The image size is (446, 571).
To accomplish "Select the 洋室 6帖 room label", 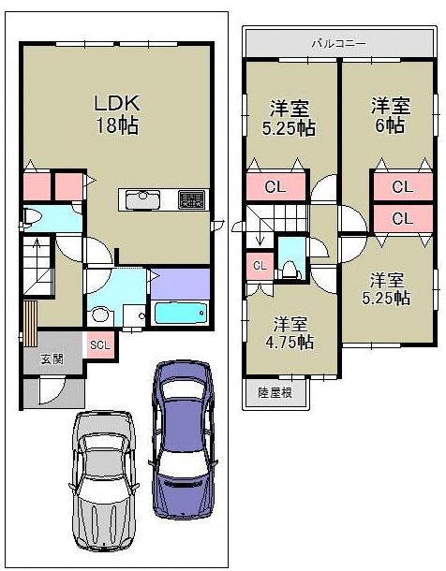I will pyautogui.click(x=389, y=114).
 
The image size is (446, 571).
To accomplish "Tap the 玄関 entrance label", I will pyautogui.click(x=52, y=359).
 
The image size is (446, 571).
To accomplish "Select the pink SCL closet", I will pyautogui.click(x=99, y=344).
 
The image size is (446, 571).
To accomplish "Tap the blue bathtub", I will pyautogui.click(x=180, y=312).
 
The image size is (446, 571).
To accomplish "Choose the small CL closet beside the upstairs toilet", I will pyautogui.click(x=260, y=266).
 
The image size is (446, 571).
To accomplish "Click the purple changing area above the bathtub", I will pyautogui.click(x=179, y=282).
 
